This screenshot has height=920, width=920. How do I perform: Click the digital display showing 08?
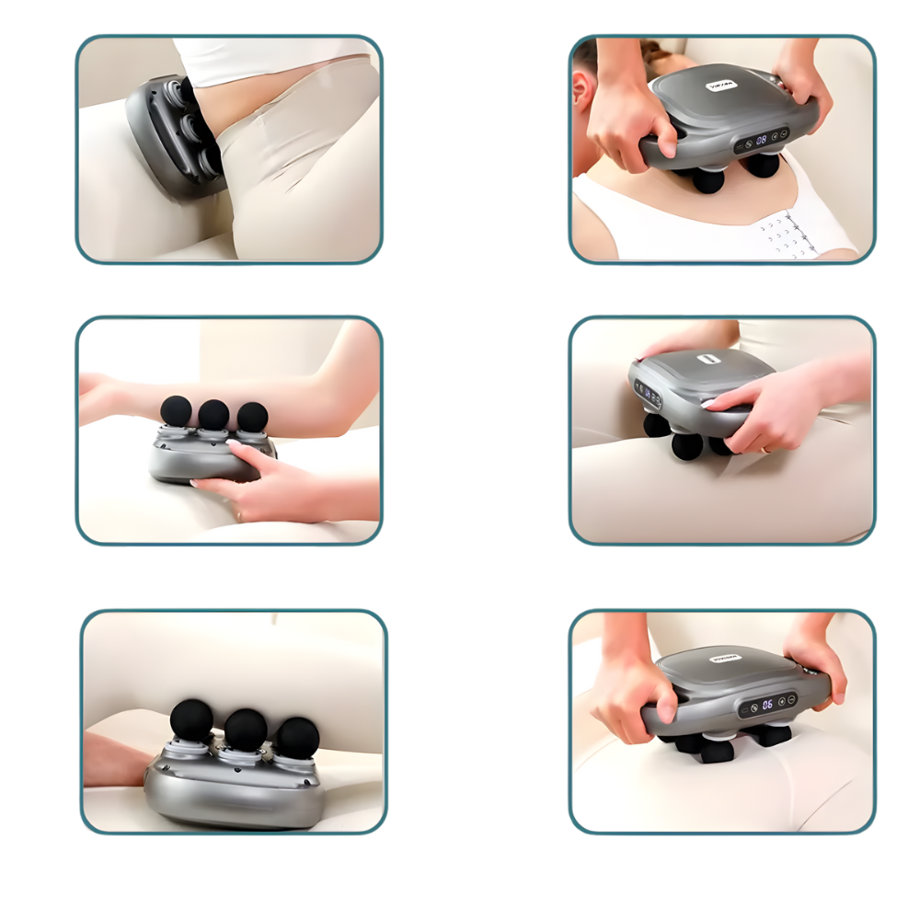pyautogui.click(x=762, y=140)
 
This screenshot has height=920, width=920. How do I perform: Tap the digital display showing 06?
pyautogui.click(x=766, y=705)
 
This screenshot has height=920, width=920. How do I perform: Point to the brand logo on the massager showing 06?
pyautogui.click(x=720, y=659)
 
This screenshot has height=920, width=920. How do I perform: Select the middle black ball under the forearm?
pyautogui.click(x=213, y=415)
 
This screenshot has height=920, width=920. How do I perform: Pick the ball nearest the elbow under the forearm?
pyautogui.click(x=252, y=416)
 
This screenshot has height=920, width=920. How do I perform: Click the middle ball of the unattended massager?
pyautogui.click(x=246, y=730)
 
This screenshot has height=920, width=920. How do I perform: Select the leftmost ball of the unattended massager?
pyautogui.click(x=191, y=719)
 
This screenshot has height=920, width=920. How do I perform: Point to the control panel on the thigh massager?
pyautogui.click(x=647, y=397)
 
